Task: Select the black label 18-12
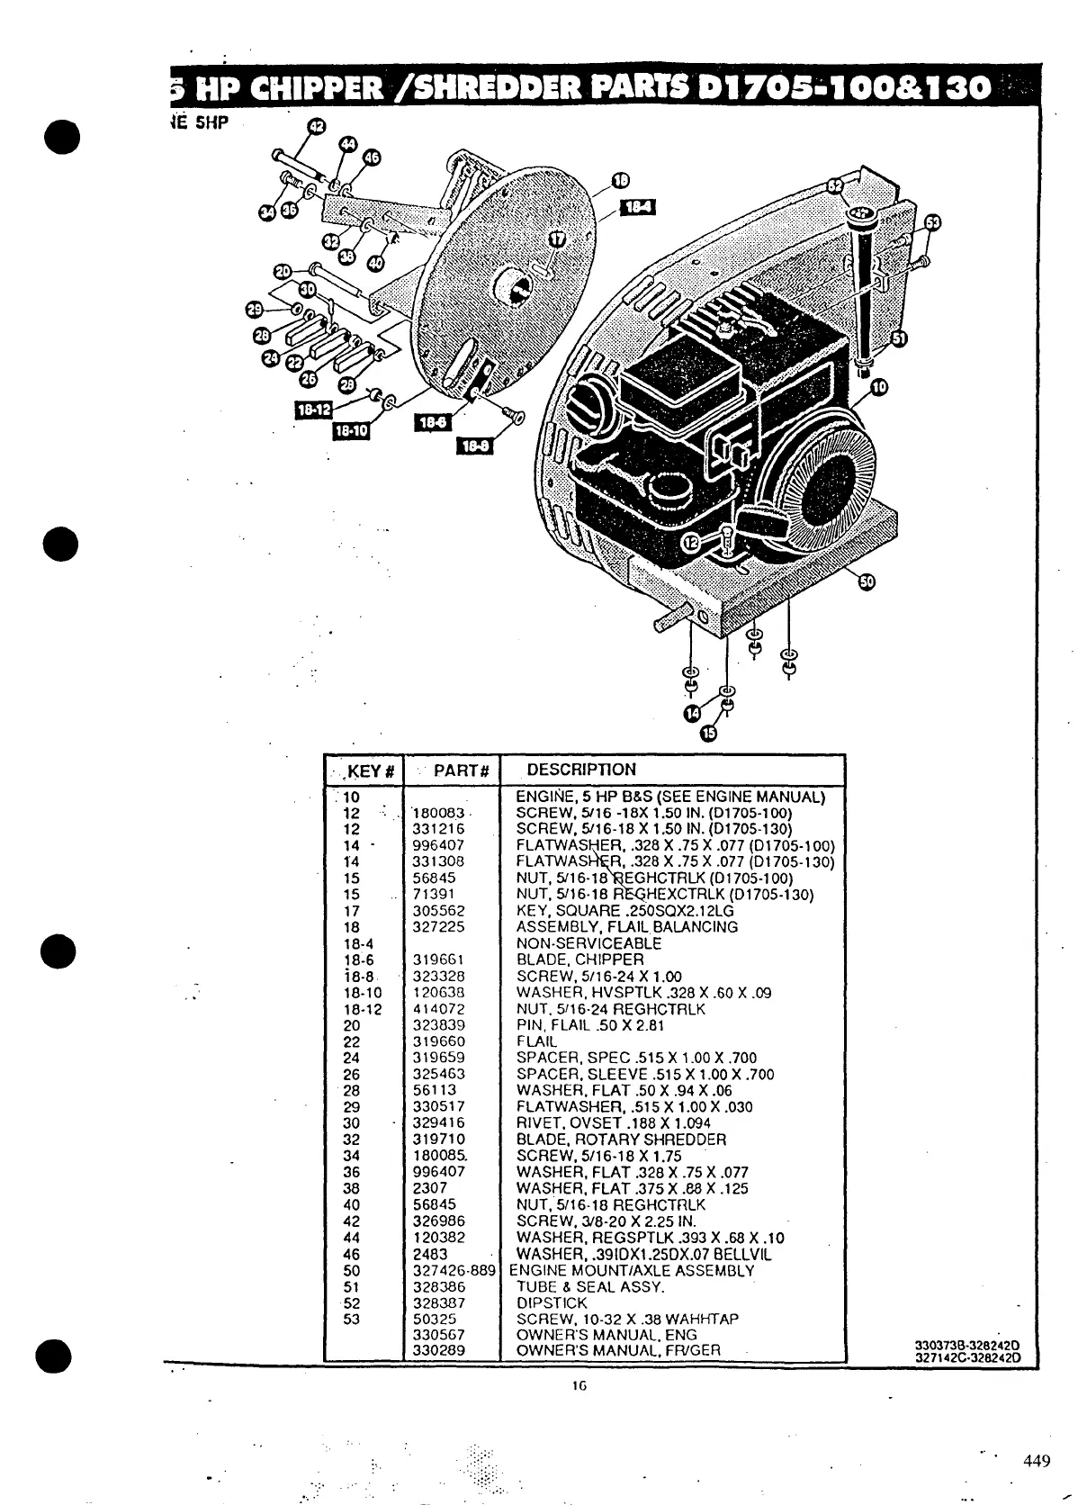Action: pyautogui.click(x=313, y=410)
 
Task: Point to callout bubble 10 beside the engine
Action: pyautogui.click(x=878, y=387)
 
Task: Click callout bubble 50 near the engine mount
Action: pyautogui.click(x=866, y=581)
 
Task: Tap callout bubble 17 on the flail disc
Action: pyautogui.click(x=557, y=239)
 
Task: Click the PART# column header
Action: pyautogui.click(x=461, y=771)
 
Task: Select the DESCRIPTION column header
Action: pyautogui.click(x=581, y=770)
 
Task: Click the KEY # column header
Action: pyautogui.click(x=371, y=771)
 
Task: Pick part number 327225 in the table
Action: pyautogui.click(x=438, y=927)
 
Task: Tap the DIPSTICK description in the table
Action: pyautogui.click(x=551, y=1303)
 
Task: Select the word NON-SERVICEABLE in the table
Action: pyautogui.click(x=588, y=943)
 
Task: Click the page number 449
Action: pyautogui.click(x=1036, y=1461)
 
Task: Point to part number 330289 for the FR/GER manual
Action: pyautogui.click(x=438, y=1350)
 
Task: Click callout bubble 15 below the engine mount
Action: pyautogui.click(x=709, y=733)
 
